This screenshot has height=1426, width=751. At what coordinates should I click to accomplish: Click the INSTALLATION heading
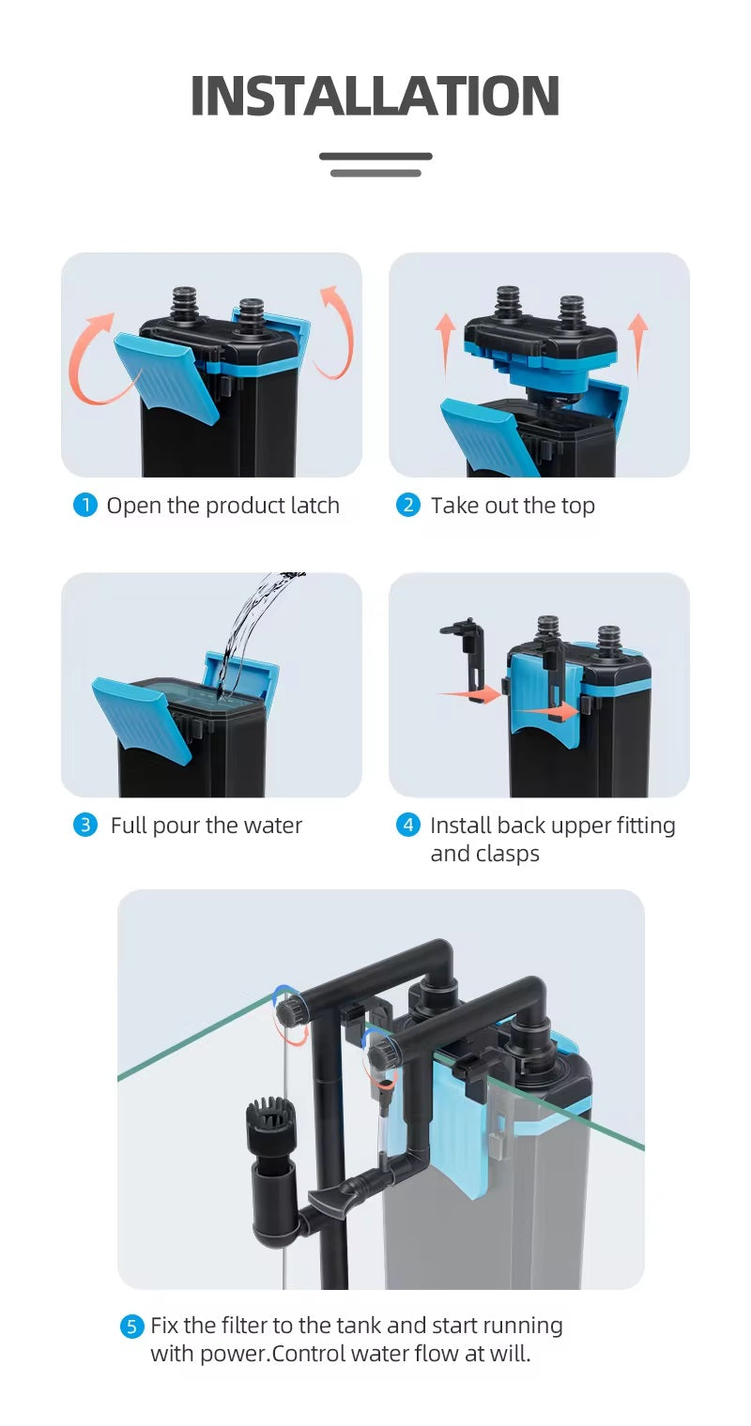(x=375, y=96)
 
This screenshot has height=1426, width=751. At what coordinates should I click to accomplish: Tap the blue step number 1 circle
(x=85, y=506)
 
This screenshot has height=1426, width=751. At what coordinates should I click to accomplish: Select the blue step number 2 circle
(x=408, y=506)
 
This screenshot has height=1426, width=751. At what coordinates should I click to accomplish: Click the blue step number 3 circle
(x=85, y=826)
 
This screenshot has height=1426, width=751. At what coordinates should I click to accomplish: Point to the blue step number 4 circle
(x=408, y=826)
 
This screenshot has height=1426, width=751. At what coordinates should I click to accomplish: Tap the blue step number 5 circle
(x=131, y=1327)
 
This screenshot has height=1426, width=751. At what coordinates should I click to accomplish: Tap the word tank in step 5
(x=359, y=1326)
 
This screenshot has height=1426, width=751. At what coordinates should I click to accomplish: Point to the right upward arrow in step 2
(x=637, y=343)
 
